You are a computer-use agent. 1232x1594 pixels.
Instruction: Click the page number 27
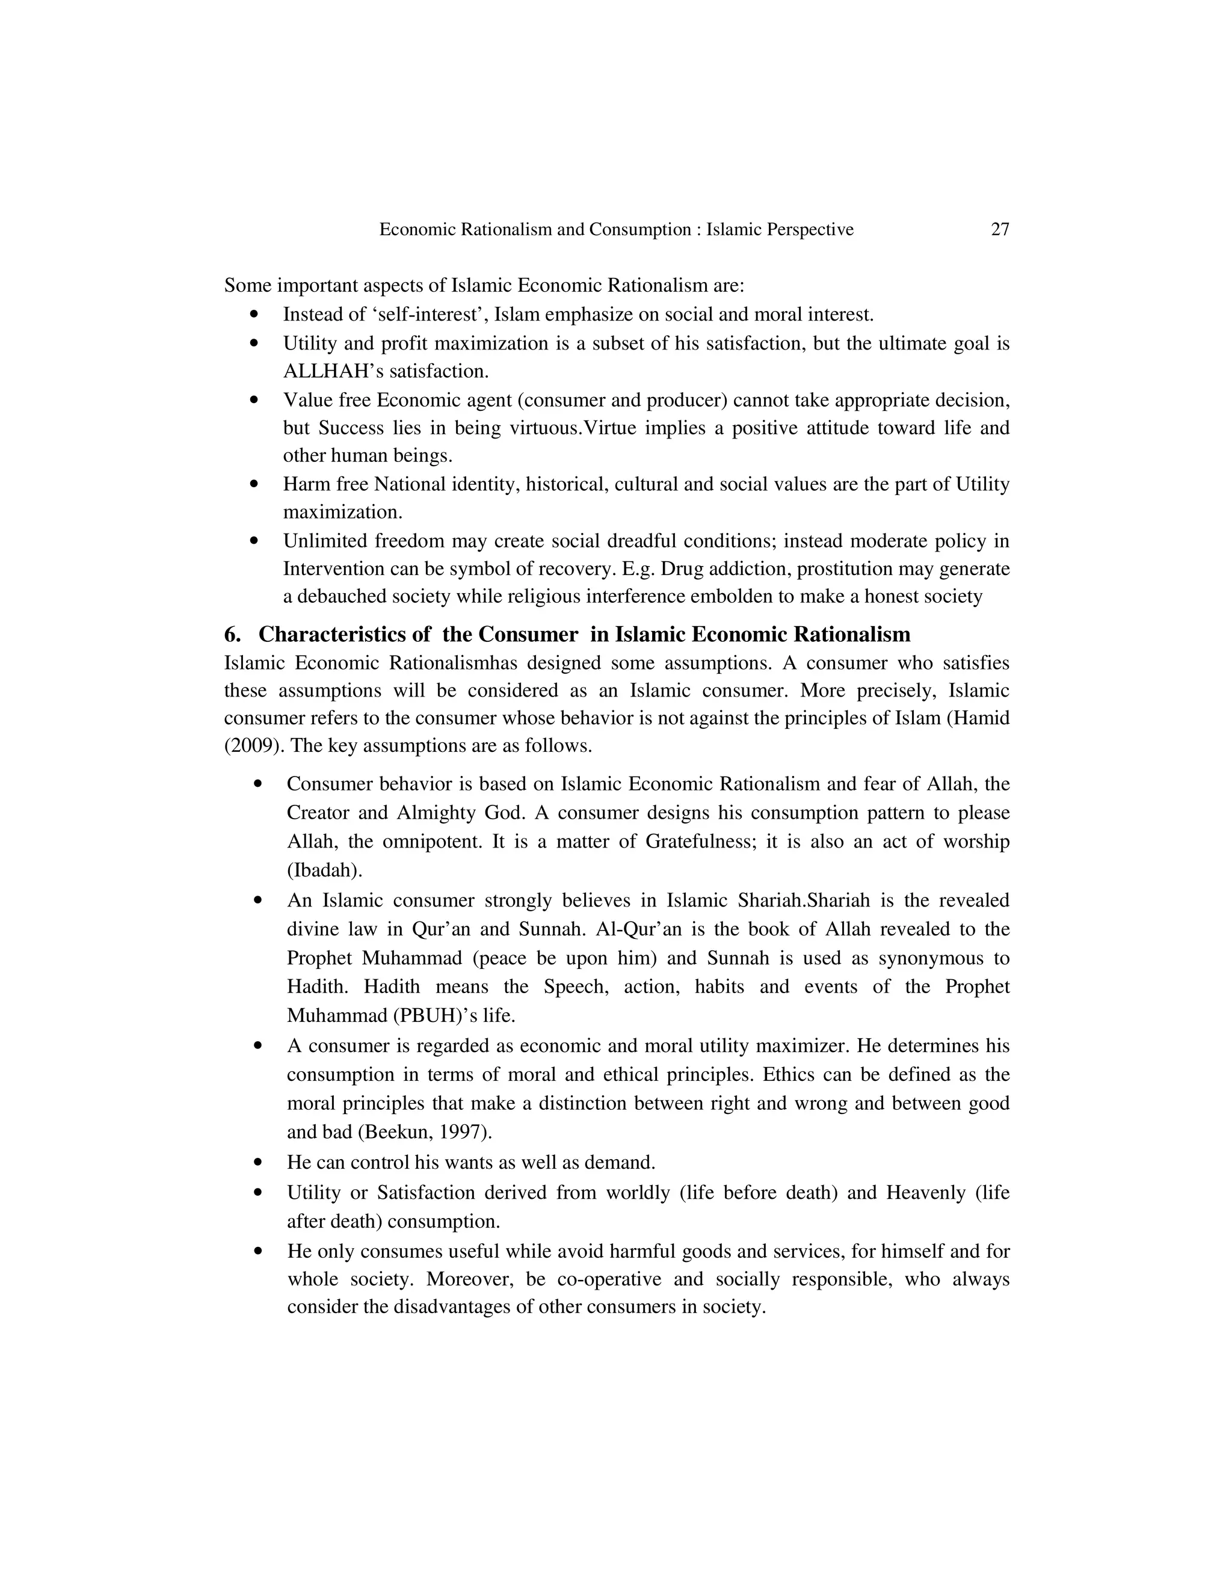1000,230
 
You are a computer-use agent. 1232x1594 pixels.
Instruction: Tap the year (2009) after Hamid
252,746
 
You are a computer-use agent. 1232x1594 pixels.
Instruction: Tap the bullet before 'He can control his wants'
257,1162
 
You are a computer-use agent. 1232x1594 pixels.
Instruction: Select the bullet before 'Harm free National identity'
254,484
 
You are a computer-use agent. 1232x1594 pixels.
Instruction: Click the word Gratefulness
700,842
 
